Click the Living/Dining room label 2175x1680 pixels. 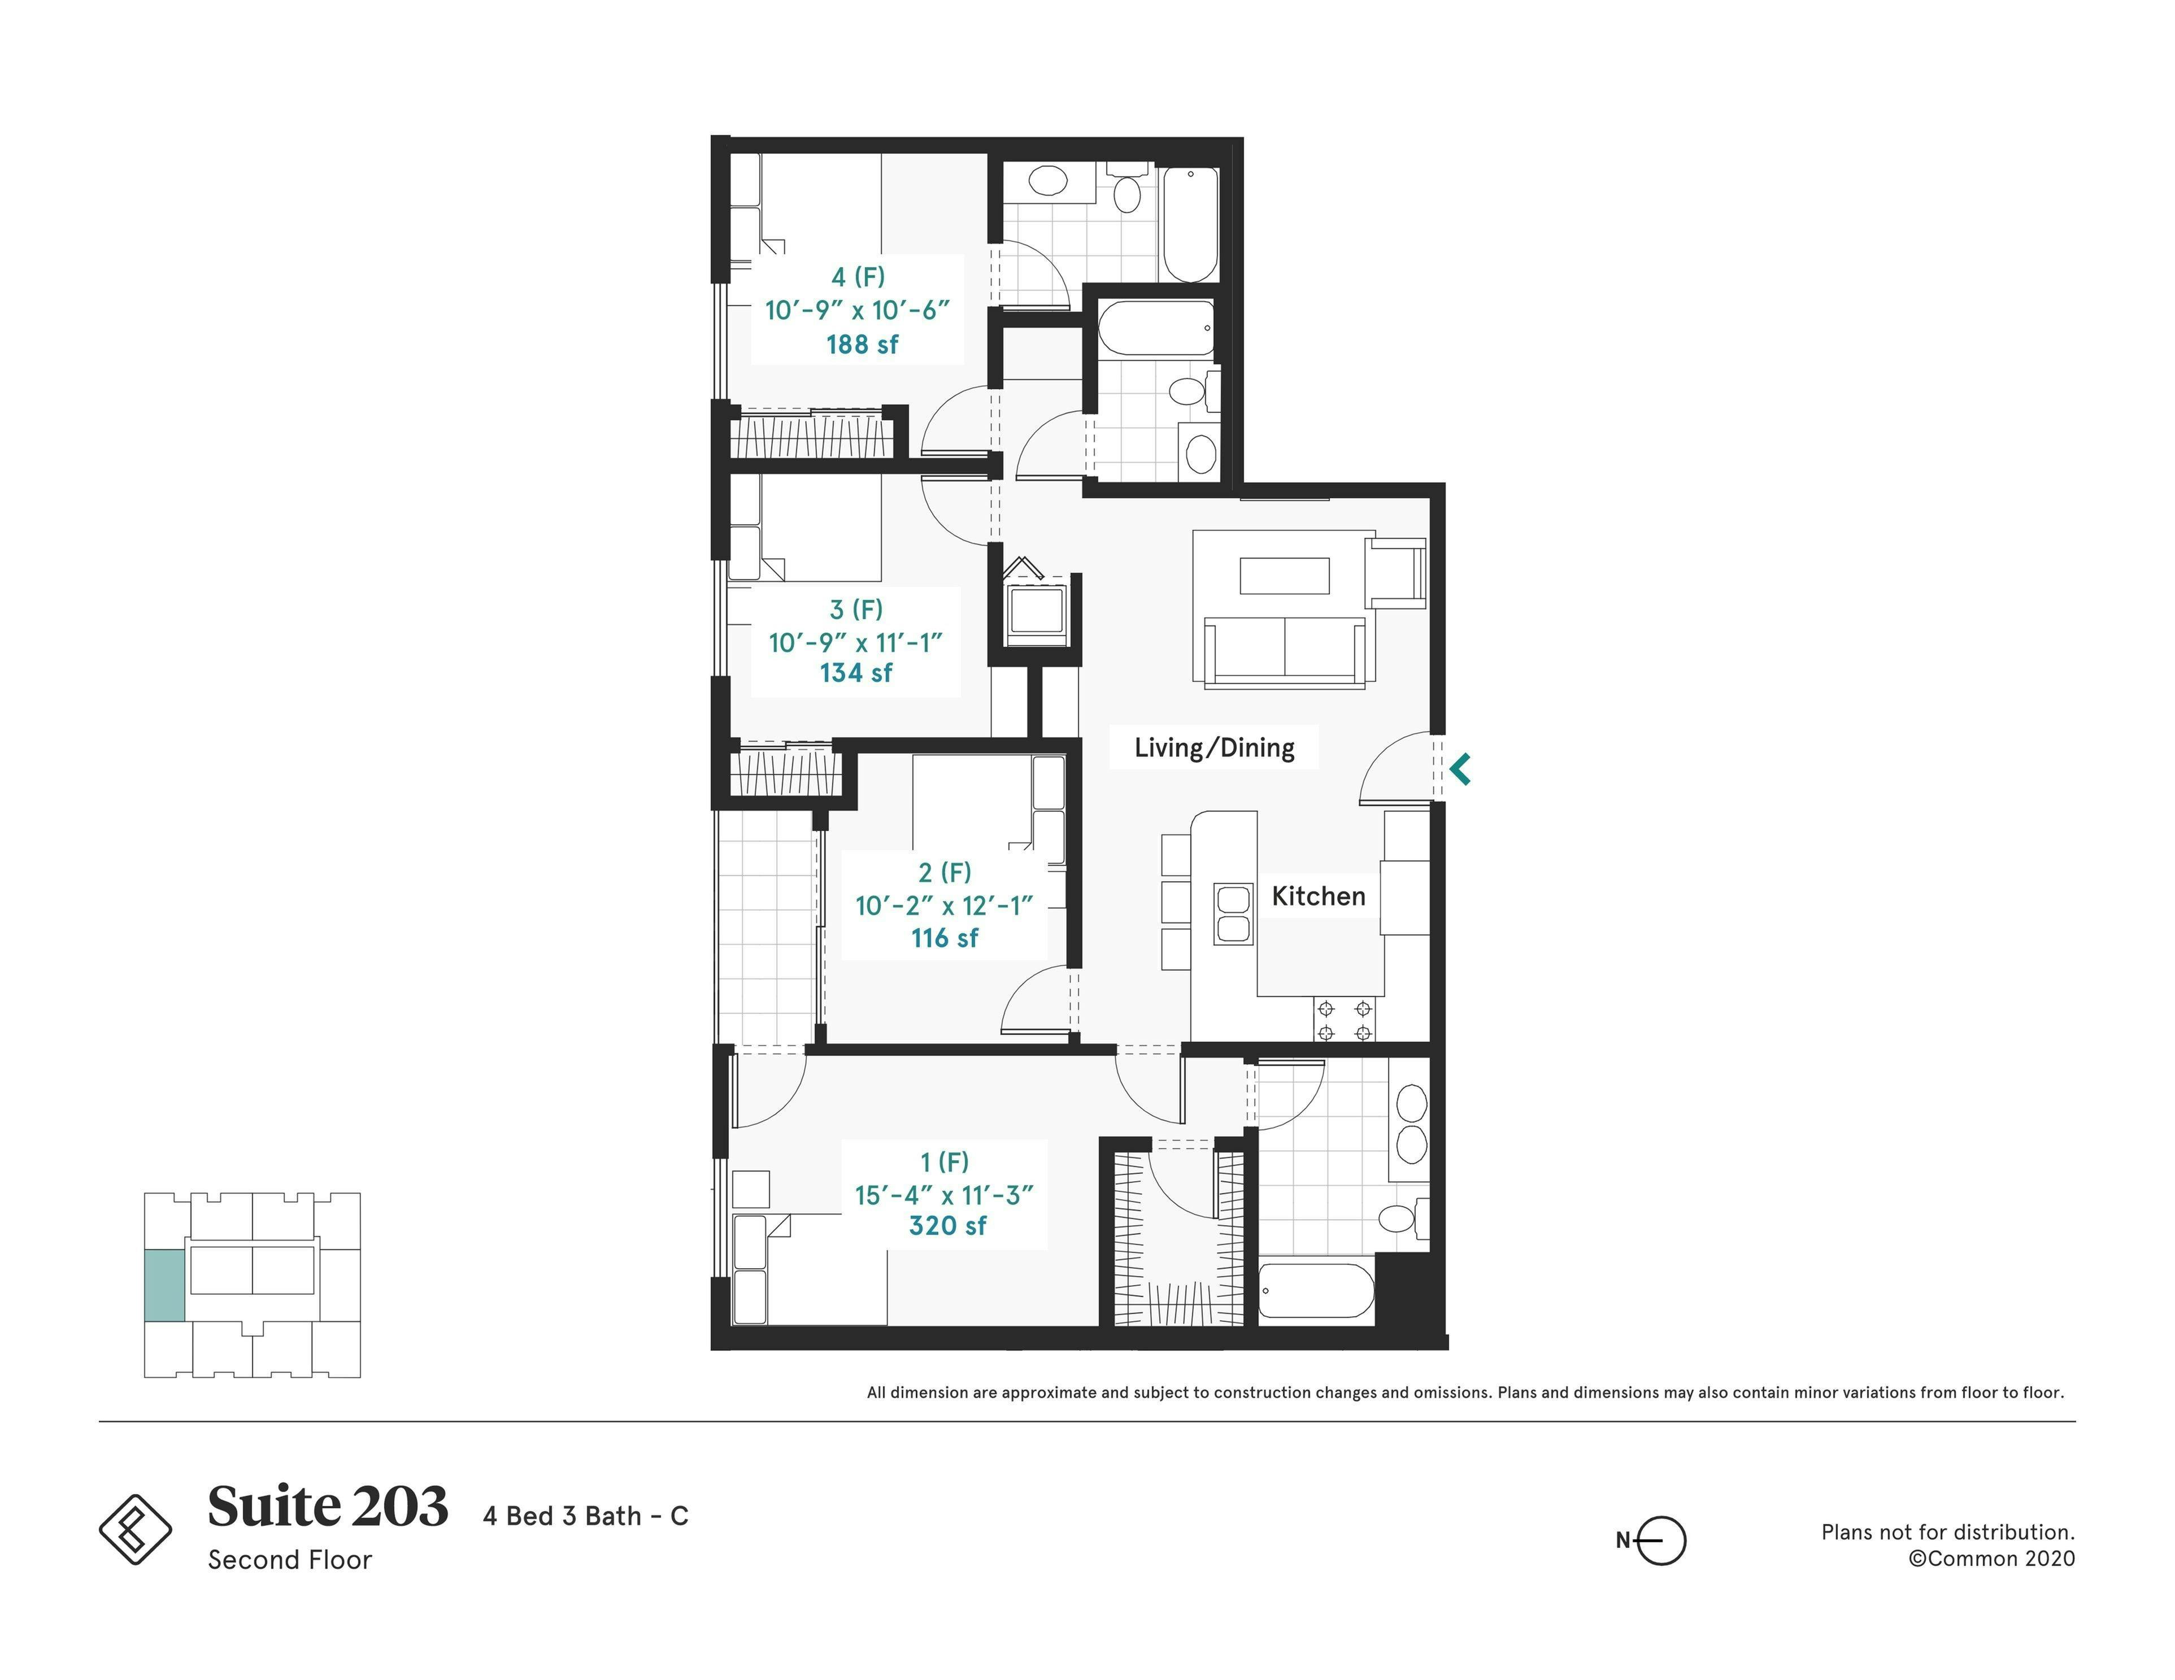pyautogui.click(x=1214, y=748)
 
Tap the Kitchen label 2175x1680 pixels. pyautogui.click(x=1317, y=896)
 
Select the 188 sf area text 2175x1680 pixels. pyautogui.click(x=862, y=345)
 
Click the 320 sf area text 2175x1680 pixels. pyautogui.click(x=947, y=1226)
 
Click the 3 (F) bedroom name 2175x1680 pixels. pyautogui.click(x=855, y=610)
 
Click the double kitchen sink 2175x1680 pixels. pyautogui.click(x=1233, y=913)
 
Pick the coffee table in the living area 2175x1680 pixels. pyautogui.click(x=1284, y=576)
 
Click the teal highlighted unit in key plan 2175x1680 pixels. pyautogui.click(x=164, y=1286)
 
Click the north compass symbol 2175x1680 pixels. pyautogui.click(x=1659, y=1540)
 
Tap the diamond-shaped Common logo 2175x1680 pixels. pyautogui.click(x=136, y=1529)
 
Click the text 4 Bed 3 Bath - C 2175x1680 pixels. pyautogui.click(x=586, y=1516)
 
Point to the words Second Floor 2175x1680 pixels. pyautogui.click(x=290, y=1560)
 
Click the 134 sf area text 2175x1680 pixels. pyautogui.click(x=855, y=673)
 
